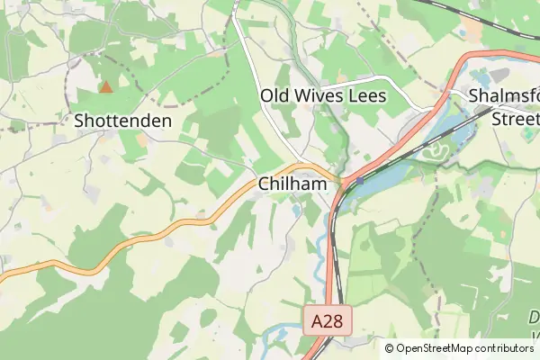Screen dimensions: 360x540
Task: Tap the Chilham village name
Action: point(291,184)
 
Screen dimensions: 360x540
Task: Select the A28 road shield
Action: point(328,321)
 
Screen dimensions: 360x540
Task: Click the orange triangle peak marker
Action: point(106,87)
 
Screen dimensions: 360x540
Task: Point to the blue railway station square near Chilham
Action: point(359,181)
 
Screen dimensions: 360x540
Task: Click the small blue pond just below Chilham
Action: point(296,211)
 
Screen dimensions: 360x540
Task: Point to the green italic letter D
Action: point(533,316)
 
